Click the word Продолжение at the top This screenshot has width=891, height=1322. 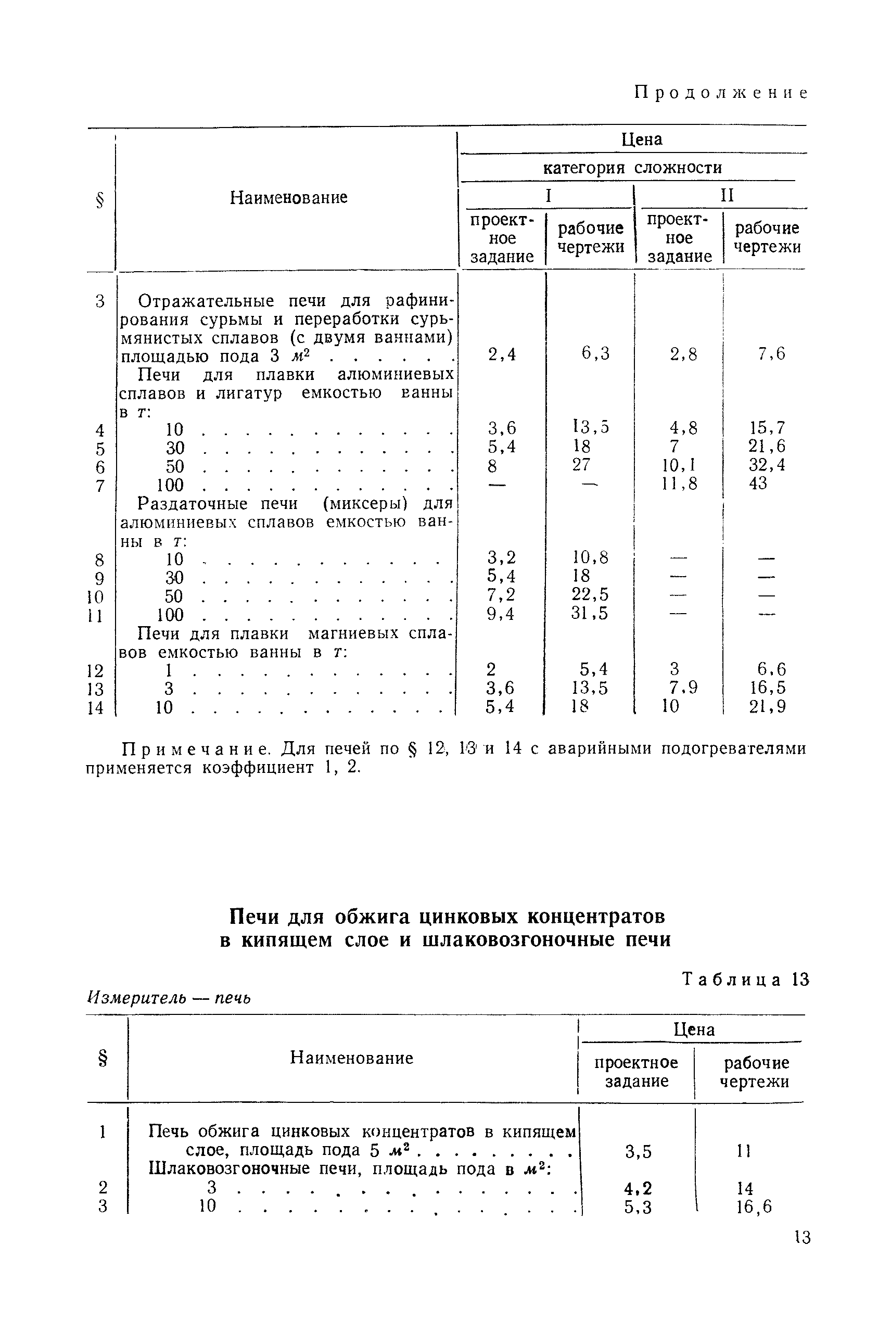(720, 93)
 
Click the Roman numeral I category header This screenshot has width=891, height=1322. (549, 195)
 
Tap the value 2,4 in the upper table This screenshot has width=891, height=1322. (502, 354)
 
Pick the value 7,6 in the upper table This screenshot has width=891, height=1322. (771, 354)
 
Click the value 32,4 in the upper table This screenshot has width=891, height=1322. (767, 465)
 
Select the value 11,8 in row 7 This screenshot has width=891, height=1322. (680, 484)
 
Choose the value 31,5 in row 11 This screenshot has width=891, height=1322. (590, 614)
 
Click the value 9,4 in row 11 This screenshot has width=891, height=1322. (501, 614)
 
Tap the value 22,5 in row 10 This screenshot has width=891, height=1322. (590, 595)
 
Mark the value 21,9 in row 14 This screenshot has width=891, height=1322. (767, 707)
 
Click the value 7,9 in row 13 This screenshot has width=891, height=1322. (682, 688)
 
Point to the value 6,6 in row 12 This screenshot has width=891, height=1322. (771, 669)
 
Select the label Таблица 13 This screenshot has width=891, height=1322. (745, 980)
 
